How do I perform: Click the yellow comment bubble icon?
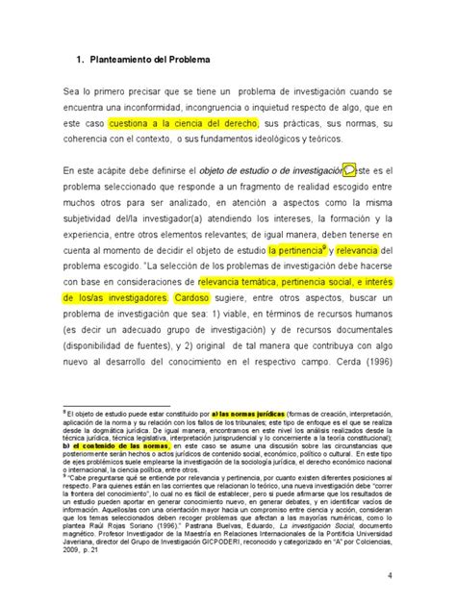(350, 170)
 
